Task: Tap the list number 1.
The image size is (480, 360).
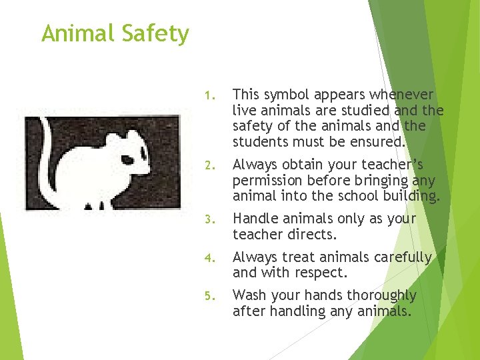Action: [208, 95]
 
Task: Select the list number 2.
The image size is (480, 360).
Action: [208, 165]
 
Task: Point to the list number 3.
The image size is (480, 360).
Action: [208, 219]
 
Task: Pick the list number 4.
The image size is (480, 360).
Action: [208, 258]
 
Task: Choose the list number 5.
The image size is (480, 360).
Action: [208, 296]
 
